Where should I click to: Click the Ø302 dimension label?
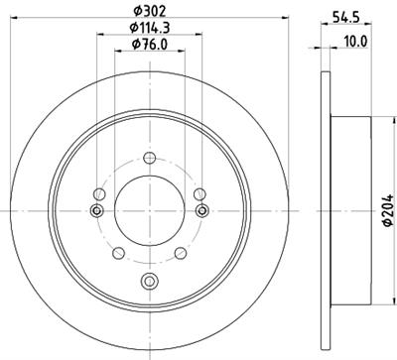[x=149, y=12]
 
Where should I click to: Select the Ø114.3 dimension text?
[x=150, y=28]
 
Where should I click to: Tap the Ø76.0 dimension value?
[x=150, y=45]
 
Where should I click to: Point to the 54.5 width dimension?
[x=345, y=18]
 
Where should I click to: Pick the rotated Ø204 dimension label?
[x=388, y=210]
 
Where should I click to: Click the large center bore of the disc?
[x=150, y=210]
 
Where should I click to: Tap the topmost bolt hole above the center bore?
[x=150, y=158]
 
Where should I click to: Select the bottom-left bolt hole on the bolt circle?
[x=118, y=253]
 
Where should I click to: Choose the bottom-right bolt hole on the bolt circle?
[x=181, y=253]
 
